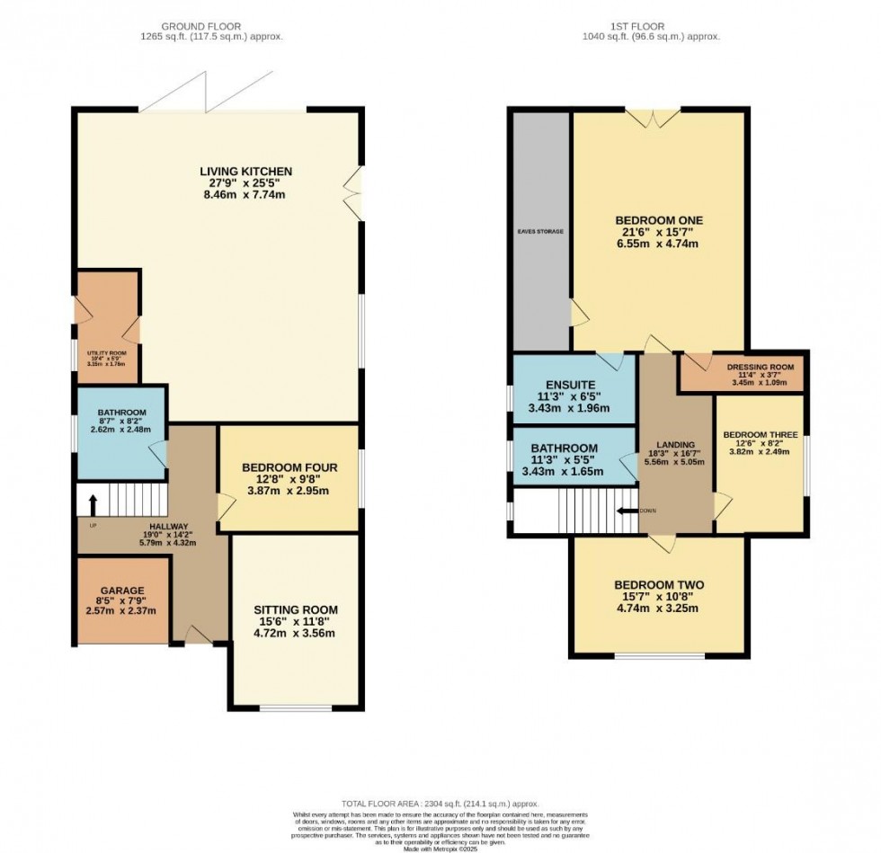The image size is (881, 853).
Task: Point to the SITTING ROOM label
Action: click(296, 610)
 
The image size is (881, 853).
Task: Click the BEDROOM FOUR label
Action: click(289, 467)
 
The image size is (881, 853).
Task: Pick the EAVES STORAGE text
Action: click(540, 231)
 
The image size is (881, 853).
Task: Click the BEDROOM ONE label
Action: click(658, 220)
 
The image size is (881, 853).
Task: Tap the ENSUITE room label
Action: click(574, 385)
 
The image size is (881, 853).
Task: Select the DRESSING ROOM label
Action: click(760, 367)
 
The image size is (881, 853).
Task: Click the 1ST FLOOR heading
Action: click(657, 26)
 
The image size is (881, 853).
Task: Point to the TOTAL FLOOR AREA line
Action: click(440, 804)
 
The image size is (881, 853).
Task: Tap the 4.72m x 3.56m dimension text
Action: click(296, 633)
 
